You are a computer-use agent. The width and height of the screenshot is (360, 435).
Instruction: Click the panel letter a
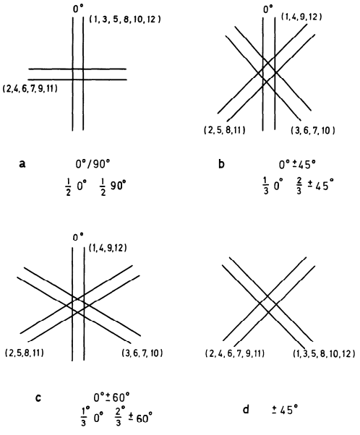pos(22,164)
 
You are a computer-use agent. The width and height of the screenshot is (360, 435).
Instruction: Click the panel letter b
pos(221,164)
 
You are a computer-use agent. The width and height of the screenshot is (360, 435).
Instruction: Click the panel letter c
pos(38,398)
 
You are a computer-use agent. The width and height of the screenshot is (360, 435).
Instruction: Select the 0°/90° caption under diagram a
pos(93,165)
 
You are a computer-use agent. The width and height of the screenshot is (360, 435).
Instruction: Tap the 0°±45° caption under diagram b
pos(297,165)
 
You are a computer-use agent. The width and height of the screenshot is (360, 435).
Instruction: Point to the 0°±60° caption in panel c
pos(111,397)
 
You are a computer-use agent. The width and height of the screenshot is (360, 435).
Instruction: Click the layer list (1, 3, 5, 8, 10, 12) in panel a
pos(125,20)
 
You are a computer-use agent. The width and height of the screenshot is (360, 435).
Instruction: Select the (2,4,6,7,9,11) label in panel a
pos(30,89)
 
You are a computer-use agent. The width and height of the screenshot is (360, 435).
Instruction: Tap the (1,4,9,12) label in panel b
pos(301,17)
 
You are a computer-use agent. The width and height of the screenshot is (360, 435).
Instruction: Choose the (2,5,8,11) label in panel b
pos(225,130)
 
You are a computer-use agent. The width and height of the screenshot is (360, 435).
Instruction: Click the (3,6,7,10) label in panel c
pos(142,353)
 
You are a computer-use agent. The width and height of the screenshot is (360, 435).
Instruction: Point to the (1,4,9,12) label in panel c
pos(108,248)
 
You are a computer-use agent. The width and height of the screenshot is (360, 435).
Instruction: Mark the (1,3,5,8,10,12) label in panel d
pos(324,354)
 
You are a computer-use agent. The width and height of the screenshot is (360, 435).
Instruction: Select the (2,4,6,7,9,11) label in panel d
pos(235,353)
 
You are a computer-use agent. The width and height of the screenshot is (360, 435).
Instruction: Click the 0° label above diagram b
pos(268,10)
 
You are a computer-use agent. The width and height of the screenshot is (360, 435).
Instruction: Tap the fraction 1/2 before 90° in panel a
pos(103,188)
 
